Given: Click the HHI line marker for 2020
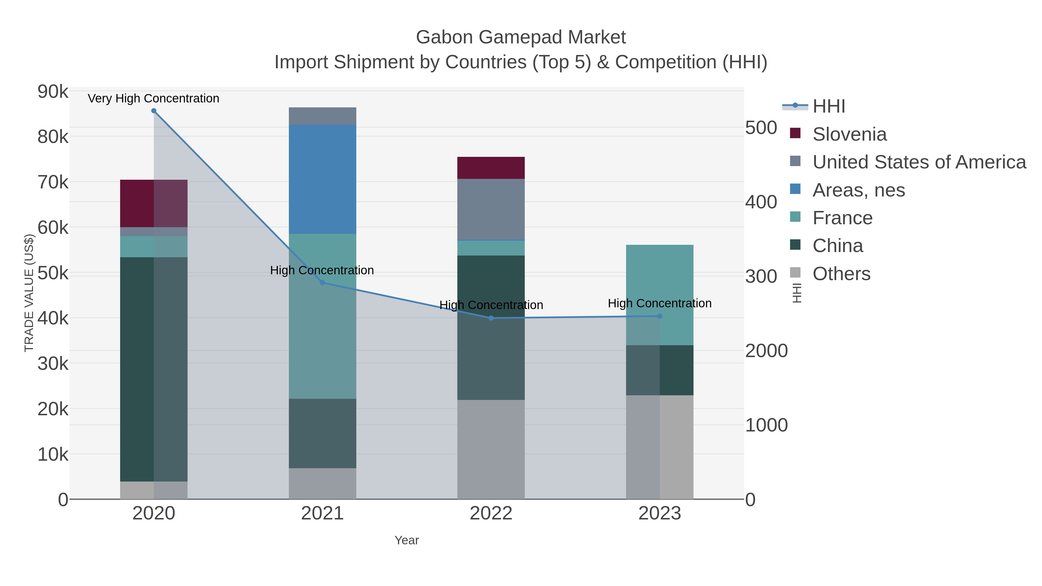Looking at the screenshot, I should tap(154, 111).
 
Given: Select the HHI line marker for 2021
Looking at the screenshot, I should tap(322, 283).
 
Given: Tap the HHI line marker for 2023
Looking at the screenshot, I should tap(660, 316).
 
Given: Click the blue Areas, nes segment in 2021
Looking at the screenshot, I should tap(322, 179).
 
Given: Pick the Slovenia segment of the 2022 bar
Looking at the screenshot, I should tap(491, 168).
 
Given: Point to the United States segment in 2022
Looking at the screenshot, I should tap(491, 209).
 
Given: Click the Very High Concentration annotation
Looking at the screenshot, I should tap(153, 98).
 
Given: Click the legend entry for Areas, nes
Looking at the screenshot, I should tap(858, 190).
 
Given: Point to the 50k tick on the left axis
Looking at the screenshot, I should tap(53, 273).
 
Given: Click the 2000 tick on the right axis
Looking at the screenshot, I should tap(766, 351).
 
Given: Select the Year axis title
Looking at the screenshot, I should tap(407, 540).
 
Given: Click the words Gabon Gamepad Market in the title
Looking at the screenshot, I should tap(521, 37).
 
